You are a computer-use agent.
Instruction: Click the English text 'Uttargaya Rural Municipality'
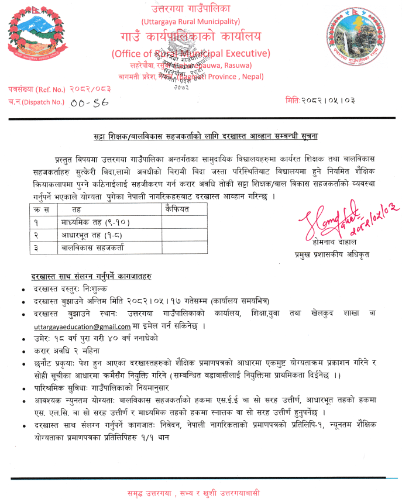click(191, 22)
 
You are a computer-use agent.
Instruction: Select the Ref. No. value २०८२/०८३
click(89, 88)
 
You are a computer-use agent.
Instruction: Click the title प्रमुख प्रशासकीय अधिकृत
click(332, 256)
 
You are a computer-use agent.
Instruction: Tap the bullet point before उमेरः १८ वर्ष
click(22, 339)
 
